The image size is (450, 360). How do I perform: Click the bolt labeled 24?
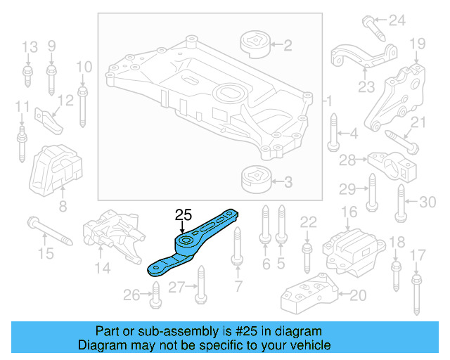[373, 27]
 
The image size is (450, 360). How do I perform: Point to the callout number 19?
[417, 44]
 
